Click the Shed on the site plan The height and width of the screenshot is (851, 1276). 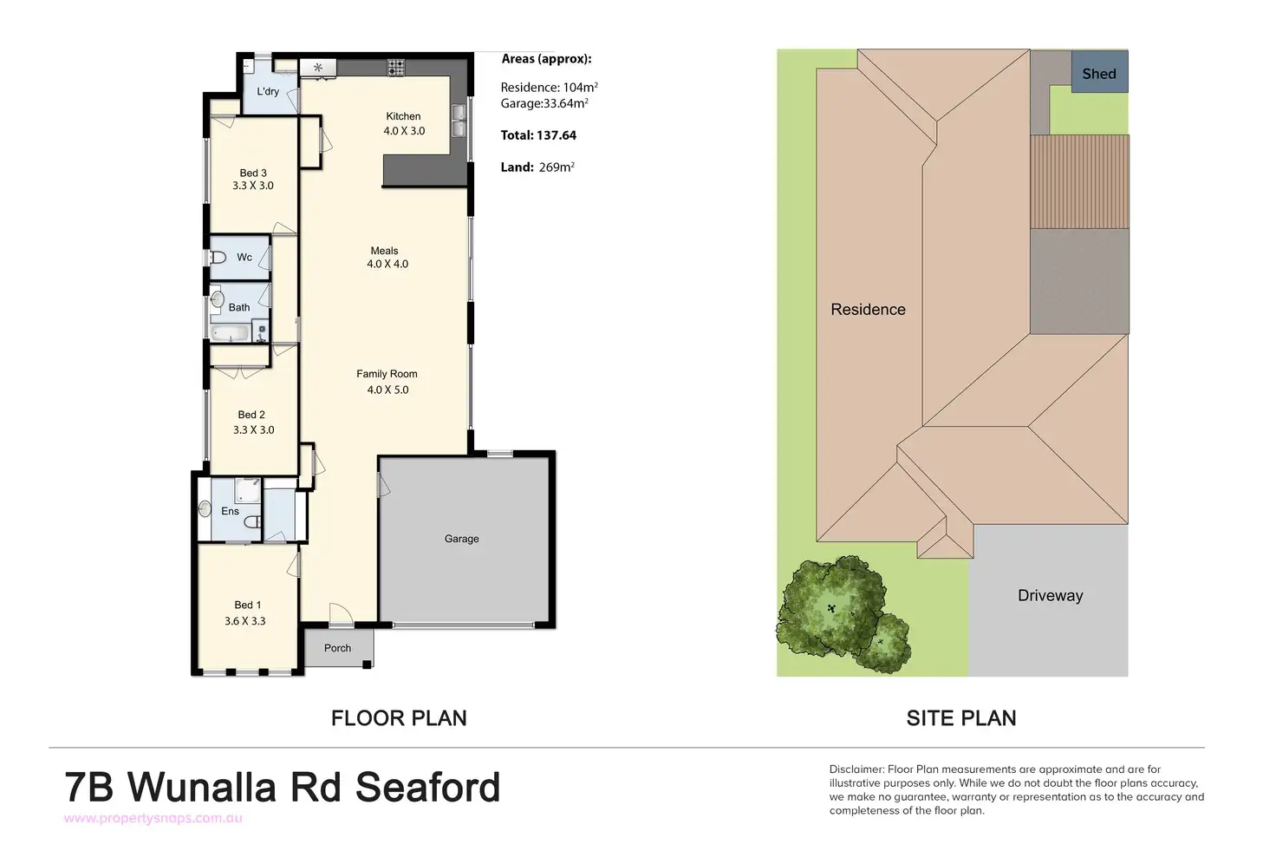[x=1099, y=74]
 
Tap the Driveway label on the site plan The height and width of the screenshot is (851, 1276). [x=1050, y=595]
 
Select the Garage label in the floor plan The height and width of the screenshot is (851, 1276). [x=461, y=539]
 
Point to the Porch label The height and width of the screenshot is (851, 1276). [x=337, y=648]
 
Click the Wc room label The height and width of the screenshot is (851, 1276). [x=244, y=257]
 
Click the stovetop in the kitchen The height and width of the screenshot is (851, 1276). [x=396, y=68]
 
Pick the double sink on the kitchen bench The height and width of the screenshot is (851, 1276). [x=458, y=121]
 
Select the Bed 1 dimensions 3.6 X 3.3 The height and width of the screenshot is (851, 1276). [x=245, y=621]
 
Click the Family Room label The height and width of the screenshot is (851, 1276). [x=387, y=374]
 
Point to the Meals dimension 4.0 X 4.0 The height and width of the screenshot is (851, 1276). [x=387, y=264]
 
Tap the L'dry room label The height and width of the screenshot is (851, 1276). [x=268, y=91]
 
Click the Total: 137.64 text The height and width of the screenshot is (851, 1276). [x=538, y=135]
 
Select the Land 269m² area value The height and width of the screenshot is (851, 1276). [x=557, y=167]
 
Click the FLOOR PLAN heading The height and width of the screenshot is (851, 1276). [x=399, y=718]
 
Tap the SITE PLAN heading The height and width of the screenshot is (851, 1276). [x=961, y=718]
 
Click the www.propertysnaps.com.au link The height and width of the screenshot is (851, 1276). [x=153, y=818]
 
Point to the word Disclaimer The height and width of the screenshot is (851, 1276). [x=856, y=769]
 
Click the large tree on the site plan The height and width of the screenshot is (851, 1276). [x=827, y=606]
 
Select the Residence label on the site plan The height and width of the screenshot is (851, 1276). [x=868, y=310]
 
